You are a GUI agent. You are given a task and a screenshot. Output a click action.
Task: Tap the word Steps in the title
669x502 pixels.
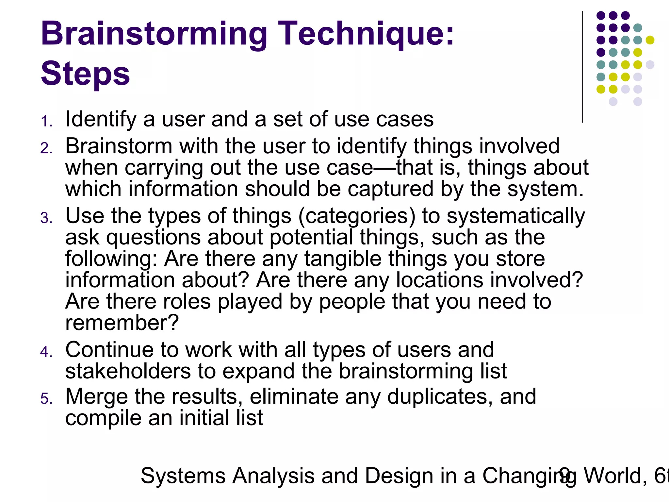pyautogui.click(x=85, y=74)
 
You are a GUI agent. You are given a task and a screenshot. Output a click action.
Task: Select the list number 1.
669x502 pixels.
pyautogui.click(x=46, y=121)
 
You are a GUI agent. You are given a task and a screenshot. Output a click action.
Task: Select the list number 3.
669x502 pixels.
pyautogui.click(x=46, y=218)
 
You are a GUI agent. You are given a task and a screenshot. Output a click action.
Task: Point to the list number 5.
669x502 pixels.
pyautogui.click(x=46, y=399)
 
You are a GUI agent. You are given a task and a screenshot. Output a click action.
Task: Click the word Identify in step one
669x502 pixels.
pyautogui.click(x=101, y=119)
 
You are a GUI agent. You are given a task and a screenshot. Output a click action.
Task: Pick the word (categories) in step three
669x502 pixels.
pyautogui.click(x=357, y=216)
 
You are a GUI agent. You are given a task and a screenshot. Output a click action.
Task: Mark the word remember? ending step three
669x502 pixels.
pyautogui.click(x=122, y=323)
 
